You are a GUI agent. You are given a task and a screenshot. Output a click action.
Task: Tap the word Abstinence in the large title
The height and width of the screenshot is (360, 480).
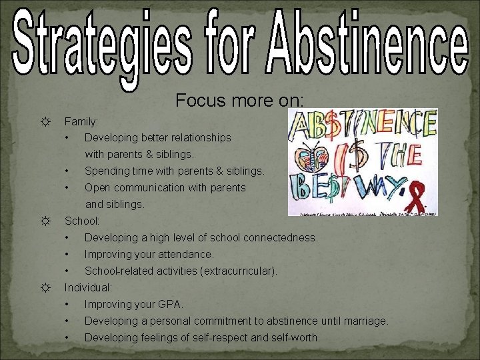(369, 39)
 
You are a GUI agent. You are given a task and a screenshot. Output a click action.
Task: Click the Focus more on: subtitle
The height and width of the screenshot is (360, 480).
(240, 100)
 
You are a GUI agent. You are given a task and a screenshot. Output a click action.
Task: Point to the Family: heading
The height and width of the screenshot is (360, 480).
(81, 122)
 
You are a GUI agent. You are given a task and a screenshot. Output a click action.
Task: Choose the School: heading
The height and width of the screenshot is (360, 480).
(82, 220)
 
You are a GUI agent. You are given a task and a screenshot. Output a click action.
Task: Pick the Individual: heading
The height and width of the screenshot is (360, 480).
(88, 288)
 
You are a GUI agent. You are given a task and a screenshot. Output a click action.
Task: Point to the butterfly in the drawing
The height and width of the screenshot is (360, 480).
(311, 158)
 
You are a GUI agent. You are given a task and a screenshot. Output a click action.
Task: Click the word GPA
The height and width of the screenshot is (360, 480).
(170, 305)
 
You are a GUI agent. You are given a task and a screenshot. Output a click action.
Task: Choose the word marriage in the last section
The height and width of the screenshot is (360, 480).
(365, 321)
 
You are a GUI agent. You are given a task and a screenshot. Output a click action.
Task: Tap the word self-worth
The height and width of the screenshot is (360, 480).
(297, 338)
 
